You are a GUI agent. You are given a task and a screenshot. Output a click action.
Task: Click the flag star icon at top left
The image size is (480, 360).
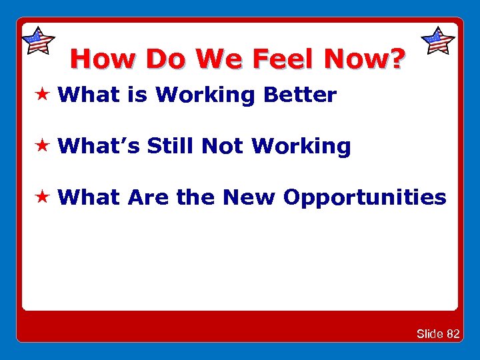click(x=38, y=41)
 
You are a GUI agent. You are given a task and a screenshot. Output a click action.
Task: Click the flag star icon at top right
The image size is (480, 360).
click(x=438, y=41)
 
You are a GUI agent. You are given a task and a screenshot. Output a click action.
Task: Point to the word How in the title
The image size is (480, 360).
click(x=103, y=59)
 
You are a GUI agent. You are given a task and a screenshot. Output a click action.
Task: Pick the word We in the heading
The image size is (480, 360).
click(x=221, y=59)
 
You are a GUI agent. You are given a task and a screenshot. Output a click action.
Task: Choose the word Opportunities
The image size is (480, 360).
click(x=365, y=198)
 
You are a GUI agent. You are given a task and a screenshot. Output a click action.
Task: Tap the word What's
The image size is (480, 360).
click(x=99, y=146)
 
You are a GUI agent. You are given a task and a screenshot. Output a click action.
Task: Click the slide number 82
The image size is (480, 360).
click(x=453, y=333)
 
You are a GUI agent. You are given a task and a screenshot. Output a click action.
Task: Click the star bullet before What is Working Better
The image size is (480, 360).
click(x=43, y=95)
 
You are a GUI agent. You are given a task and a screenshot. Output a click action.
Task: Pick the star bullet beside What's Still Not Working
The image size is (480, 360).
click(x=43, y=146)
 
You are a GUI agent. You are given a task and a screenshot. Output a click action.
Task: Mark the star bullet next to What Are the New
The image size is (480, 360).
click(x=43, y=197)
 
